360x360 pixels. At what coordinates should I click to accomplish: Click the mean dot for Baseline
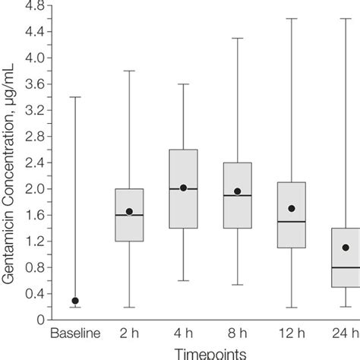tap(74, 301)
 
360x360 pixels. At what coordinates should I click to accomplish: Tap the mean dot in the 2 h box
tap(129, 212)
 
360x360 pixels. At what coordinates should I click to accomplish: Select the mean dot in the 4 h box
tap(183, 188)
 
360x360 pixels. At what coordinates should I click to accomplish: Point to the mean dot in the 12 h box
tap(292, 208)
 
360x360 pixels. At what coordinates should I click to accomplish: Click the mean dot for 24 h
tap(346, 248)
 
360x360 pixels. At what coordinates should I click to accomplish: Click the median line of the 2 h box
tap(129, 215)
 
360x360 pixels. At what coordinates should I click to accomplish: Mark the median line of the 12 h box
tap(292, 222)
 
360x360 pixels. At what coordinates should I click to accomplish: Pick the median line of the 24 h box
tap(346, 267)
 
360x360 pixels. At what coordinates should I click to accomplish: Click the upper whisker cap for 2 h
tap(129, 71)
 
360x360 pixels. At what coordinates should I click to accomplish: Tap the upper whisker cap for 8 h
tap(238, 38)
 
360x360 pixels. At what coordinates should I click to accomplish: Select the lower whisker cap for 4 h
tap(183, 280)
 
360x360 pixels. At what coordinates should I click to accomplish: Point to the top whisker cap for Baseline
tap(74, 97)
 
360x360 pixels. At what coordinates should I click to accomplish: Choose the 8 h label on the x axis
tap(238, 333)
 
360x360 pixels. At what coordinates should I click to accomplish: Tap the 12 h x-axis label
tap(292, 333)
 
